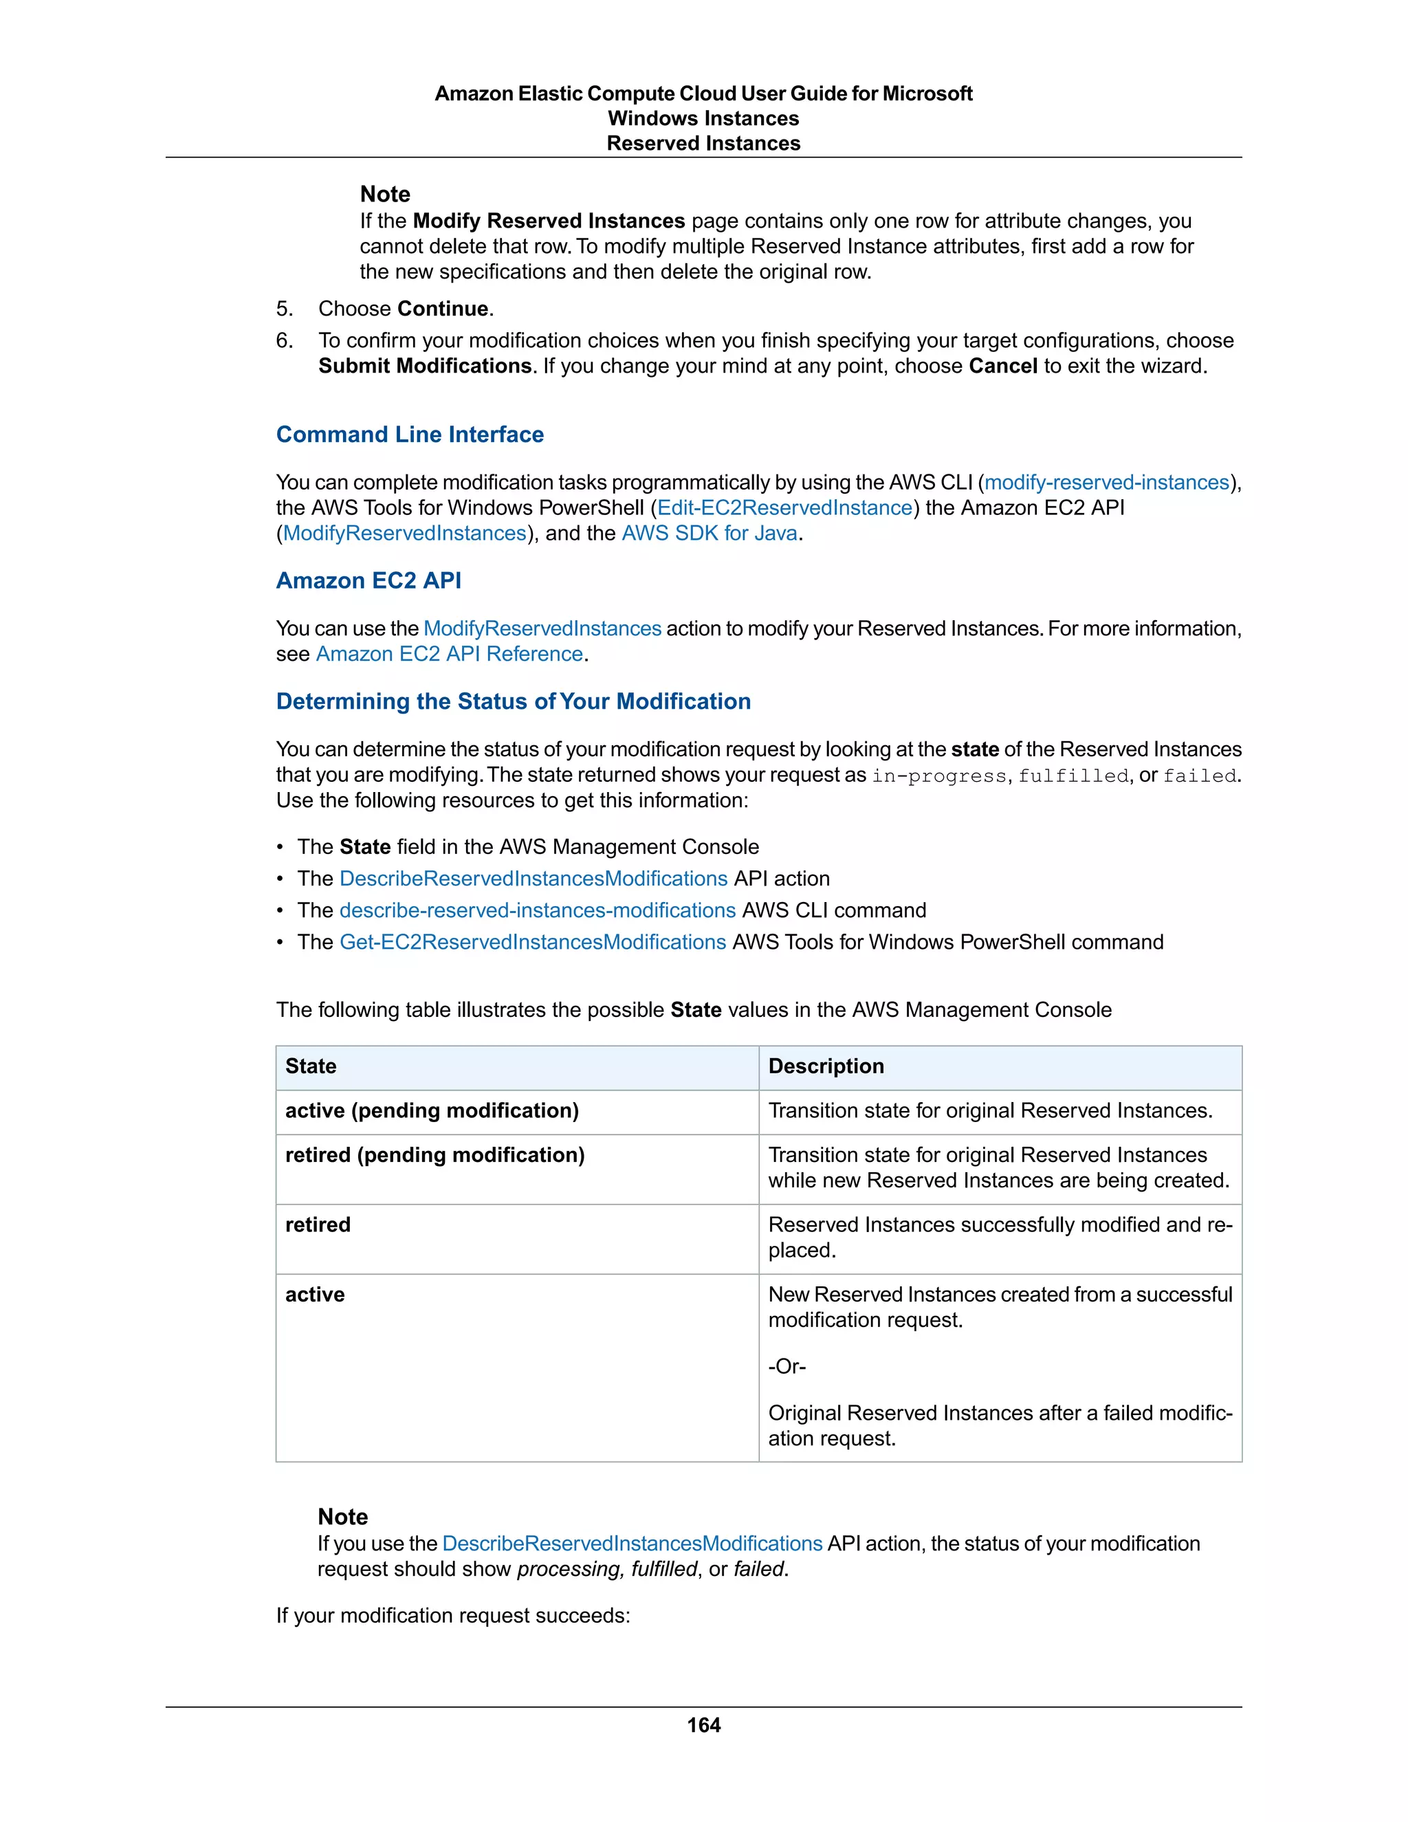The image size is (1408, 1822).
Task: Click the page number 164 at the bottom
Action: click(x=703, y=1724)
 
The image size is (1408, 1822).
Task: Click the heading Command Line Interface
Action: click(x=410, y=435)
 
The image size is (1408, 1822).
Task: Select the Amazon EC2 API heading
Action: click(x=368, y=581)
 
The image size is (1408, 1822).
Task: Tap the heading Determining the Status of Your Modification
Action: click(x=513, y=701)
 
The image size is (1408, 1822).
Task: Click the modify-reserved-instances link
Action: click(x=1107, y=482)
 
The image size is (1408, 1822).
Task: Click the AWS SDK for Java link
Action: click(x=709, y=533)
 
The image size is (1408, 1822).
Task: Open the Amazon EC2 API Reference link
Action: click(x=449, y=654)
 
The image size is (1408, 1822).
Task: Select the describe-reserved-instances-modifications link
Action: click(x=537, y=910)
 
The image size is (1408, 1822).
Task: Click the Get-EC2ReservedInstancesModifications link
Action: click(x=532, y=942)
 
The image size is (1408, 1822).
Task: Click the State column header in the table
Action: click(x=311, y=1066)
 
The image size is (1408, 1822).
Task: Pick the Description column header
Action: click(x=826, y=1066)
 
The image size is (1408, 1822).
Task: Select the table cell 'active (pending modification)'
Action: click(x=431, y=1111)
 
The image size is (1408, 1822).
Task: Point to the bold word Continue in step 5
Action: click(x=443, y=309)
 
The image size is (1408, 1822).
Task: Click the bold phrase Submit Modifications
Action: click(x=425, y=366)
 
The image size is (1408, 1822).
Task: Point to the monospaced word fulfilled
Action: click(x=1072, y=776)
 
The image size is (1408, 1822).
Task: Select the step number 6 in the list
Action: click(x=285, y=340)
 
